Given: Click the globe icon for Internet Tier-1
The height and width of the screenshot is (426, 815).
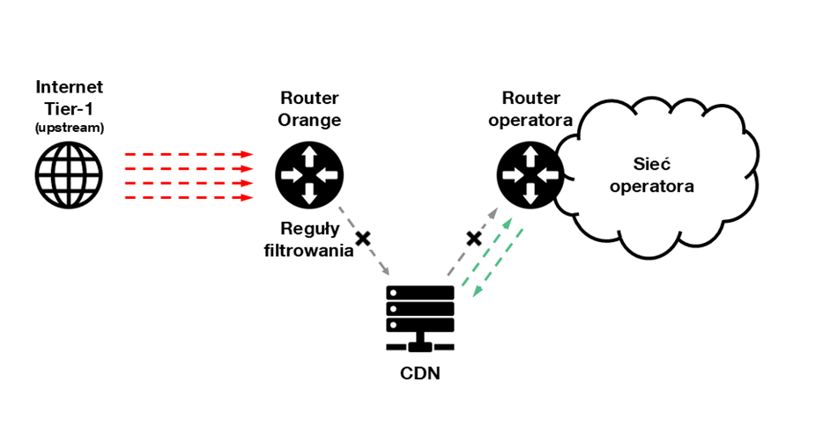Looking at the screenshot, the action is [x=69, y=175].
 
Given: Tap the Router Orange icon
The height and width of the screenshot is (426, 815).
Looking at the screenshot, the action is [x=309, y=175].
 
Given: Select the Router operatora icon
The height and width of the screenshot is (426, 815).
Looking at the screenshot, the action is [x=530, y=175].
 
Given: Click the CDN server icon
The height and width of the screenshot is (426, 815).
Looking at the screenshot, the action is [x=420, y=318].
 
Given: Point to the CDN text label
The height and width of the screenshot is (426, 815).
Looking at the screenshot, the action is [x=420, y=373].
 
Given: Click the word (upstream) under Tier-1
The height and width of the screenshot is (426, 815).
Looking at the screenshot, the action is [x=69, y=128].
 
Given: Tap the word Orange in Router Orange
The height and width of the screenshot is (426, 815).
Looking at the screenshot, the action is [x=309, y=120].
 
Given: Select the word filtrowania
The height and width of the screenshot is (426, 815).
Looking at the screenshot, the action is [x=308, y=250].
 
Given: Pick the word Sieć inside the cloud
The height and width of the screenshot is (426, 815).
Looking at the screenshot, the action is [x=652, y=165].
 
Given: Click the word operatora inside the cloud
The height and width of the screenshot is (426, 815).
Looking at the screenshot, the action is [x=652, y=187].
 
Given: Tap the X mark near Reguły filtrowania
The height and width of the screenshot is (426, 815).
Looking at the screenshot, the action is [x=363, y=239].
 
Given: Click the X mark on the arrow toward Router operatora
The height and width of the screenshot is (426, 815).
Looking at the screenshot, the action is [x=473, y=239].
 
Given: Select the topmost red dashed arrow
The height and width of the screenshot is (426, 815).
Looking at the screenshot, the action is [x=189, y=154].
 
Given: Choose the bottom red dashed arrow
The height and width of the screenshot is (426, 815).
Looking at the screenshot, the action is [x=189, y=197].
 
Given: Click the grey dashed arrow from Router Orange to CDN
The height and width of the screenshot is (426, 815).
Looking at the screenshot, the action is [x=364, y=240].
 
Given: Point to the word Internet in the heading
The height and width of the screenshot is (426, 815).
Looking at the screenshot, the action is [x=69, y=87].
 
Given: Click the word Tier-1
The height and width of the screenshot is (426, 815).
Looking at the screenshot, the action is [x=69, y=109].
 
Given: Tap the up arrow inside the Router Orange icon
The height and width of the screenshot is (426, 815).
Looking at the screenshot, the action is [x=309, y=155].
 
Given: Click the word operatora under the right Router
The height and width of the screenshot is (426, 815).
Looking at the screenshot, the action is [x=530, y=120].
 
